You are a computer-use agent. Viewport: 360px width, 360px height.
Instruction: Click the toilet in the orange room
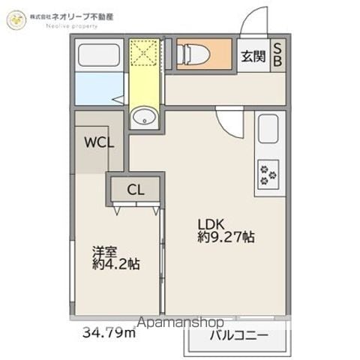tap(193, 55)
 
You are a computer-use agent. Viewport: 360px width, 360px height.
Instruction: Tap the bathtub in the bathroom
tap(99, 55)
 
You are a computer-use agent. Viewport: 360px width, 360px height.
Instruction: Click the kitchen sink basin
tap(268, 129)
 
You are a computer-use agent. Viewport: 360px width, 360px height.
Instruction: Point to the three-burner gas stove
tap(268, 175)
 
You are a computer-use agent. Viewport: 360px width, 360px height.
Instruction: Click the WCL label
tap(99, 142)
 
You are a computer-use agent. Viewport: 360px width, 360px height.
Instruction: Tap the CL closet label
tap(136, 190)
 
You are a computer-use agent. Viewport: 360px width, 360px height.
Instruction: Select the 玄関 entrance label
tap(253, 56)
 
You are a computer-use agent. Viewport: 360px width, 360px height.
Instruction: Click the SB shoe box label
tap(277, 55)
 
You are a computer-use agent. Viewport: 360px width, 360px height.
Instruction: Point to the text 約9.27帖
tap(226, 237)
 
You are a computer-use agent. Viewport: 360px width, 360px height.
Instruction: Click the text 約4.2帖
tap(116, 264)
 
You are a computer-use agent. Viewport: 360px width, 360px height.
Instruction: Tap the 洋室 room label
tap(104, 251)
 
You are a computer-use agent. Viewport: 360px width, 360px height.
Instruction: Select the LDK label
tap(211, 224)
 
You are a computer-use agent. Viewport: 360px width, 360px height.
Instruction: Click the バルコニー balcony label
tap(238, 335)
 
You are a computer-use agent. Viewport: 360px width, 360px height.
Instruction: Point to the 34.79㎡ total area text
tap(109, 332)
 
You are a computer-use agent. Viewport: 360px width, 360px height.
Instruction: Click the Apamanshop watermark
tap(181, 322)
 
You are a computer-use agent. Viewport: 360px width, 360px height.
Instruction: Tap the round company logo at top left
tap(16, 19)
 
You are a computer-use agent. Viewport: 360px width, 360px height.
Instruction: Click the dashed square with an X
tap(145, 53)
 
